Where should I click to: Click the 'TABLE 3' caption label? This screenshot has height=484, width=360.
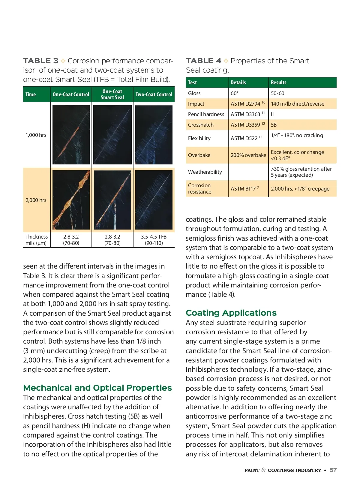tap(40, 61)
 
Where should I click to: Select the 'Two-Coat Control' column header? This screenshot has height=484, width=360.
tap(154, 95)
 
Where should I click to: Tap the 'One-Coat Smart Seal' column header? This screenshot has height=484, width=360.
tap(112, 95)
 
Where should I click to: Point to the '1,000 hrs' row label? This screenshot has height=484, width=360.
tap(36, 135)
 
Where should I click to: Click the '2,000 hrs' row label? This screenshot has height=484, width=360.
tap(36, 200)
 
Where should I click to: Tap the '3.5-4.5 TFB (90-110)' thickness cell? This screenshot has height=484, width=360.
tap(154, 240)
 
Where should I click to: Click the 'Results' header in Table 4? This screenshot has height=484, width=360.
tap(278, 83)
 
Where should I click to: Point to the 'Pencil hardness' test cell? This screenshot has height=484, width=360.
tap(206, 114)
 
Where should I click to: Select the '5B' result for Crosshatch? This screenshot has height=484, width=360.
tap(274, 125)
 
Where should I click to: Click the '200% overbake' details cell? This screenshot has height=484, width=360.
tap(248, 155)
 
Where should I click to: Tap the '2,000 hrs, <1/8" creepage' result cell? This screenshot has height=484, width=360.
tap(300, 189)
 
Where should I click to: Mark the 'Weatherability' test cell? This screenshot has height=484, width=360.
tap(205, 172)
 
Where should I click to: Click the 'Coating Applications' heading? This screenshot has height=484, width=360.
tap(231, 313)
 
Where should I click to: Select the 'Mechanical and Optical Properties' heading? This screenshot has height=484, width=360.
tap(97, 388)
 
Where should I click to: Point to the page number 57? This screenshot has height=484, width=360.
tap(333, 470)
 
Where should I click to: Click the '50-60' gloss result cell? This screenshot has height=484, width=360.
tap(277, 93)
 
